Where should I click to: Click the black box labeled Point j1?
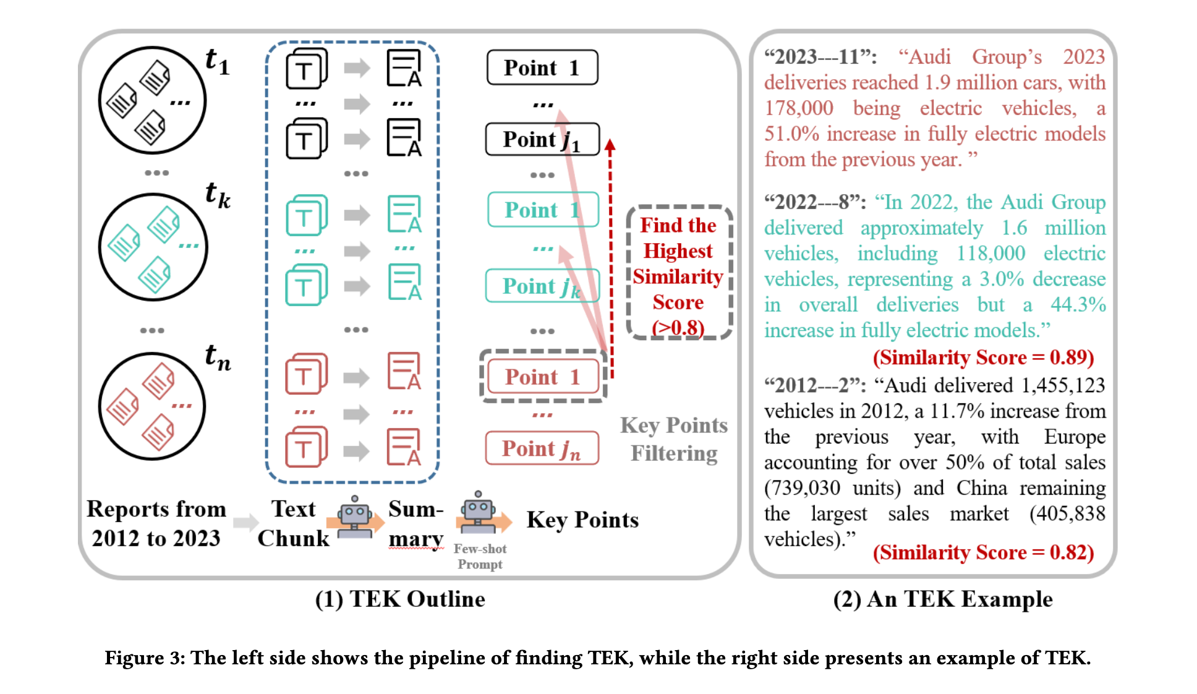coord(542,139)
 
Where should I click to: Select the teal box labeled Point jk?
coord(542,286)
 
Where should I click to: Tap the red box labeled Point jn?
coord(542,448)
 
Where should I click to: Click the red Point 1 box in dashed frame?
coord(543,377)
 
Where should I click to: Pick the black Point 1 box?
coord(542,67)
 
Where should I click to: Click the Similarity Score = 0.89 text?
coord(983,358)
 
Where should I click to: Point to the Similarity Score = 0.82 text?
coord(983,552)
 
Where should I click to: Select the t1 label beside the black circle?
coord(217,62)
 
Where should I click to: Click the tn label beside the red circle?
coord(218,358)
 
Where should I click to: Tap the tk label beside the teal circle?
coord(218,195)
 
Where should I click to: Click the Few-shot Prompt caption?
coord(480,556)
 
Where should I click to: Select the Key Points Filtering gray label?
coord(674,439)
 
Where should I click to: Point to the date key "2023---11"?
coord(820,57)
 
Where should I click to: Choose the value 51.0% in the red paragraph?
coord(791,134)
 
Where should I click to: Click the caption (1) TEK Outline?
coord(400,599)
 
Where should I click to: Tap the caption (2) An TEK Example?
coord(942,599)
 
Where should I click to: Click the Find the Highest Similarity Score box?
coord(678,273)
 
